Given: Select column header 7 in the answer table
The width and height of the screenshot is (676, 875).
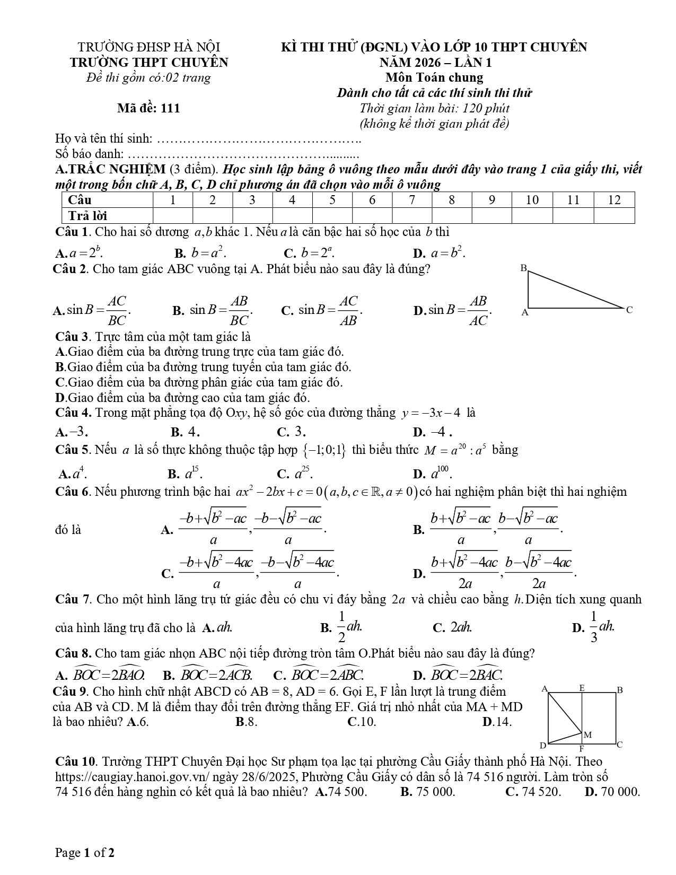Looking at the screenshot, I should (412, 200).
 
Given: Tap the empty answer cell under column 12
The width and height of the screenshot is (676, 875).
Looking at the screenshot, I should (614, 215).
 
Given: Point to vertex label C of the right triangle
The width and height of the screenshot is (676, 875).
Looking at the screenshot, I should (629, 310).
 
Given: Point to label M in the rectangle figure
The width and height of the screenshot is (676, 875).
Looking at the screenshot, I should (587, 735).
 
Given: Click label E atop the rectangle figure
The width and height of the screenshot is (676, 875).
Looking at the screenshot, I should (582, 688).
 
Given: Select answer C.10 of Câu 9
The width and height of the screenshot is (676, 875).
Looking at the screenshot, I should (362, 722).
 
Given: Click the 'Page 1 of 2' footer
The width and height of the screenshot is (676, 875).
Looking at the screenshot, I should (85, 853).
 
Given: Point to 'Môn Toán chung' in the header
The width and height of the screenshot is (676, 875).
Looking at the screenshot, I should (434, 77).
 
